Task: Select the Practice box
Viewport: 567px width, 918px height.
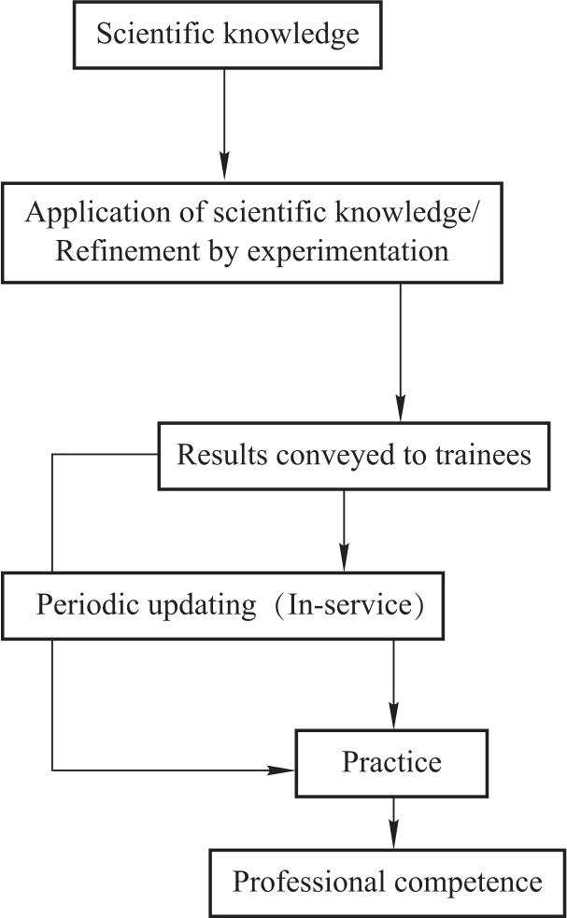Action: point(391,763)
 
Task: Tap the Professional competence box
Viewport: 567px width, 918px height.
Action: point(387,882)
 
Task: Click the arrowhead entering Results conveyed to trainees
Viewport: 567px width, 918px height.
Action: point(400,413)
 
